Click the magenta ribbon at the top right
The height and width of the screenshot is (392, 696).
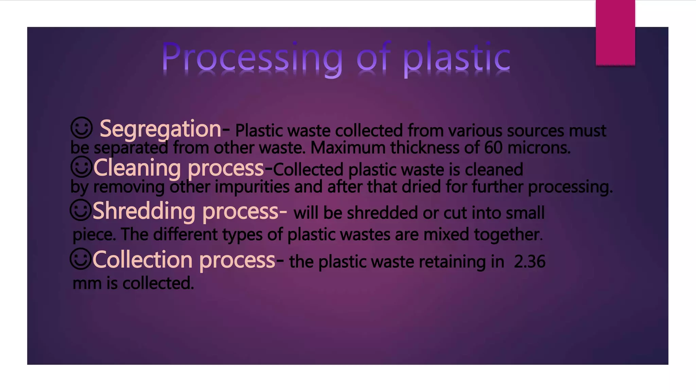pos(615,32)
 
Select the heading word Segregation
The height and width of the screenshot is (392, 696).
pos(160,129)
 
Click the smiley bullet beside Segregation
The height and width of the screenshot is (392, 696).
pos(82,128)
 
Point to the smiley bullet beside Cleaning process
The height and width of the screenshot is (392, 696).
pos(82,167)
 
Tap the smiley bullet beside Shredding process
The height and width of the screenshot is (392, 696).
pos(81,210)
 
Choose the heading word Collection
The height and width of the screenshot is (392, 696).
pos(142,260)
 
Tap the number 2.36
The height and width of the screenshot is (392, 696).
pos(529,262)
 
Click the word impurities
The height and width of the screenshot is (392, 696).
pos(252,187)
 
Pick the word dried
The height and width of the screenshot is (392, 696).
pos(421,187)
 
